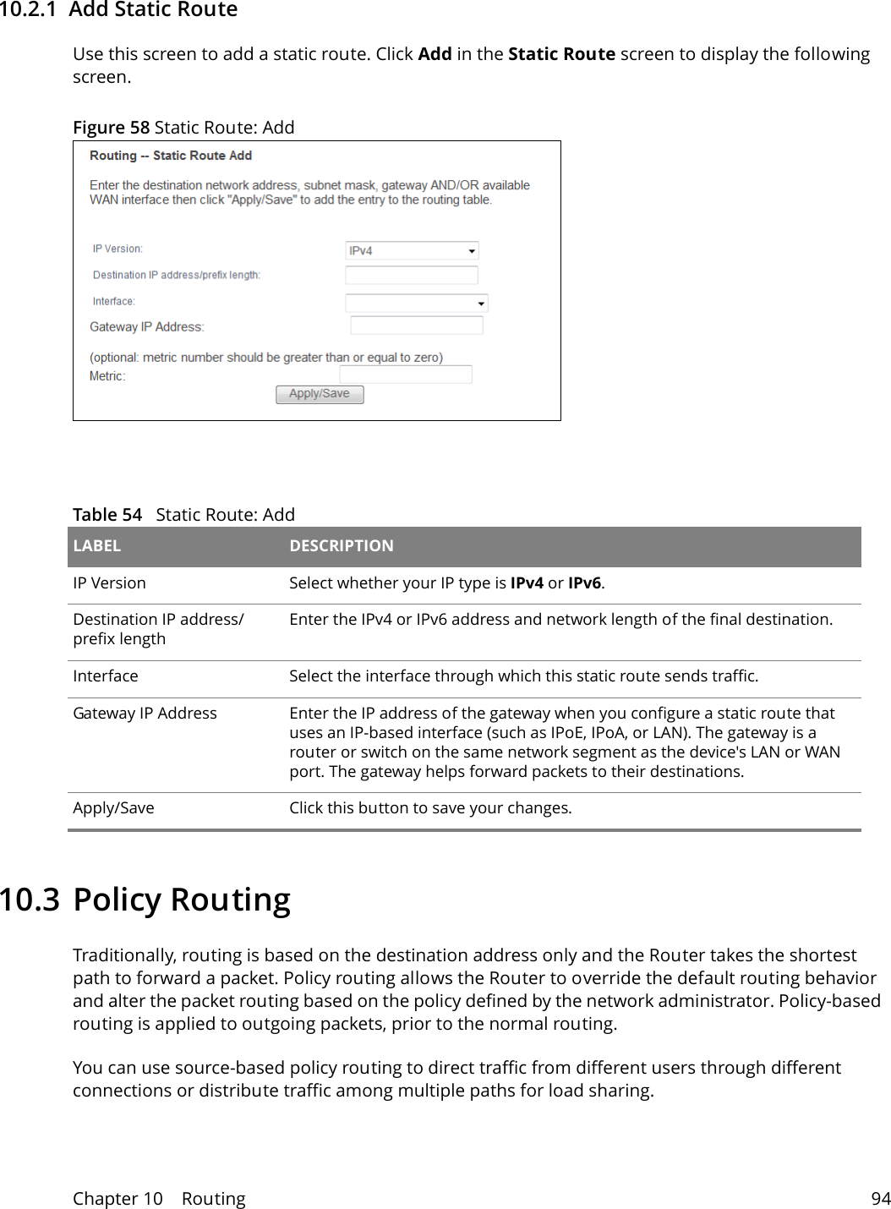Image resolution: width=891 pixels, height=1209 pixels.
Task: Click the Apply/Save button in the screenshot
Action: coord(320,394)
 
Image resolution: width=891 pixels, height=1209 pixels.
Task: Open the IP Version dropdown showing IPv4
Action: coord(412,250)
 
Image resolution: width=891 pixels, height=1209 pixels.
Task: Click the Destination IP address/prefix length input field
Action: coord(412,275)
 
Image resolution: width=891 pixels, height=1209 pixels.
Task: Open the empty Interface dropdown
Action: coord(416,303)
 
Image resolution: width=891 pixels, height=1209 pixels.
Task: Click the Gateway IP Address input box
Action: coord(416,325)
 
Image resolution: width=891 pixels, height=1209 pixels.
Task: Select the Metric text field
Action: coord(406,375)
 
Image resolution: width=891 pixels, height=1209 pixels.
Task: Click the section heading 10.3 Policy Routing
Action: coord(145,900)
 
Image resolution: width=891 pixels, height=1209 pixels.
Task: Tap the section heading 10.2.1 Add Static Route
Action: coord(118,10)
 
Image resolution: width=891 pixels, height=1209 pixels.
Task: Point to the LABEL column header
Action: coord(97,546)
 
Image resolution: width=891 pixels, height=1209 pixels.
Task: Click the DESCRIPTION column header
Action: coord(342,546)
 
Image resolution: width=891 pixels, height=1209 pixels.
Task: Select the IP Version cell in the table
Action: coord(109,583)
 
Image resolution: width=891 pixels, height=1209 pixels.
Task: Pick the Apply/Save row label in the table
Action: coord(113,808)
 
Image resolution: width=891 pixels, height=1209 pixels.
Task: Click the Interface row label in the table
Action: coord(105,676)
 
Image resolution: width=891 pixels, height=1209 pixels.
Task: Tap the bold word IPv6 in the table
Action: coord(584,583)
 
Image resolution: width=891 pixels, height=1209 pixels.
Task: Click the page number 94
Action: coord(881,1199)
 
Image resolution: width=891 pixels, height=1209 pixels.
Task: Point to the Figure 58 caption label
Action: coord(111,128)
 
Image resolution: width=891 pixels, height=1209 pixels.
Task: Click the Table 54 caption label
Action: coord(107,515)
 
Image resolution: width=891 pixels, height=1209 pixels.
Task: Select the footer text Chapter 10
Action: coord(118,1199)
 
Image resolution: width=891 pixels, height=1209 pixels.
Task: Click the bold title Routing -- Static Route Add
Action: coord(171,156)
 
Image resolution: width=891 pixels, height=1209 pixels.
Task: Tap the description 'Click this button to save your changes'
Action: coord(430,808)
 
